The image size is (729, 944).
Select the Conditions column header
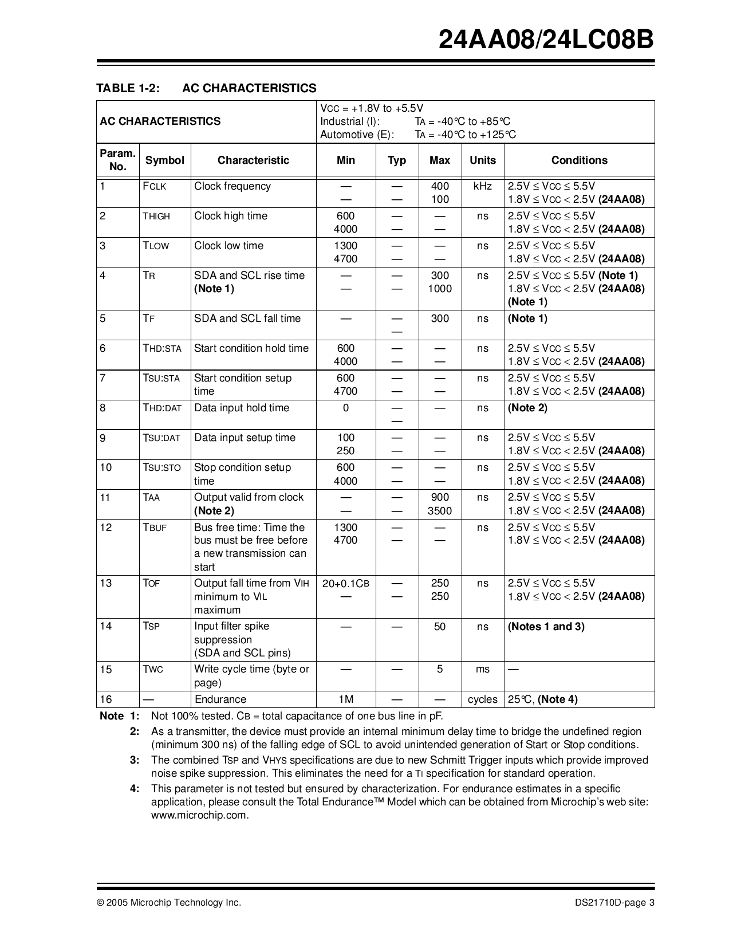(x=579, y=160)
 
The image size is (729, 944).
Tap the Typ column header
(x=396, y=160)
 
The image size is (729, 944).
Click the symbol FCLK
(x=155, y=187)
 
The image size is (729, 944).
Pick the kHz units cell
(x=482, y=187)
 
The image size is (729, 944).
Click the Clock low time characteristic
(x=228, y=246)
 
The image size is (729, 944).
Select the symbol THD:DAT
(x=162, y=408)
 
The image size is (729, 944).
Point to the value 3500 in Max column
(x=439, y=511)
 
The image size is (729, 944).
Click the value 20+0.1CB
(x=345, y=584)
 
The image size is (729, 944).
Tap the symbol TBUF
(x=155, y=528)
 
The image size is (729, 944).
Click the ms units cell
(x=482, y=670)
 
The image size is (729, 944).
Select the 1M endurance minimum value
(x=345, y=699)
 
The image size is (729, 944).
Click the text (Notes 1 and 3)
(x=546, y=627)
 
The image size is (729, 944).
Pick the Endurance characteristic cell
(x=220, y=699)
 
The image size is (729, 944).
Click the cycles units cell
(x=482, y=699)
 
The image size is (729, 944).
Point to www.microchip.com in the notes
(x=200, y=815)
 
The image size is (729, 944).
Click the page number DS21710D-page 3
(x=614, y=903)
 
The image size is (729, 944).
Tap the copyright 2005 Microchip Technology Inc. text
(x=169, y=903)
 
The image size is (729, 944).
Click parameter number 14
(x=106, y=626)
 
